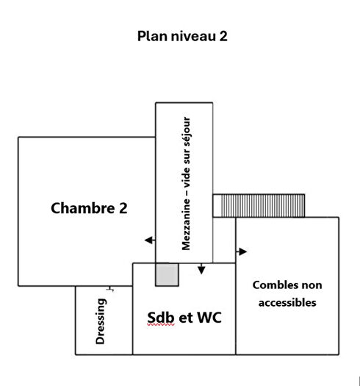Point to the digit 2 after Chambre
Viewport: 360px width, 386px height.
(122, 208)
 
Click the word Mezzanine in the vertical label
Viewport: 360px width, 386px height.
(185, 221)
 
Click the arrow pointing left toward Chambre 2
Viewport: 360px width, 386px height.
(149, 240)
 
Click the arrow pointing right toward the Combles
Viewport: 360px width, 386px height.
(242, 251)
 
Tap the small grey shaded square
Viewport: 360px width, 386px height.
(167, 274)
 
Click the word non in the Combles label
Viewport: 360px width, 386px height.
(310, 285)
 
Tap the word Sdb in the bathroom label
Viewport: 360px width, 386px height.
(161, 318)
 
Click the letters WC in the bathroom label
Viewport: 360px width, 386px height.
(206, 318)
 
